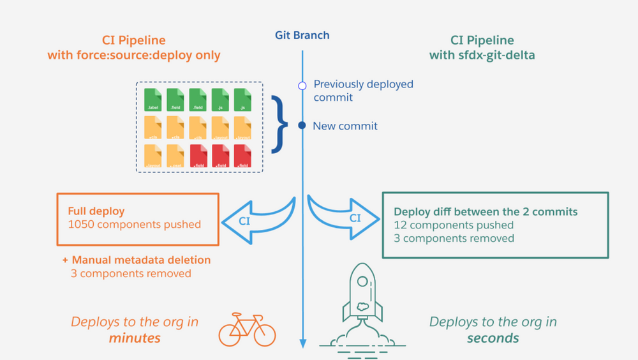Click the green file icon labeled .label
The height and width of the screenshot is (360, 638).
[x=153, y=100]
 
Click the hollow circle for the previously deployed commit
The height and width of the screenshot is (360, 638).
[x=302, y=85]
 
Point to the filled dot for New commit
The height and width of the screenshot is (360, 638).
[x=302, y=126]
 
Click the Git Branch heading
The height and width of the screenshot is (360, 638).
[x=302, y=36]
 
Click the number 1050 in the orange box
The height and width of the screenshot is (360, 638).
[x=82, y=224]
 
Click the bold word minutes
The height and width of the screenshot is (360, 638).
[x=135, y=338]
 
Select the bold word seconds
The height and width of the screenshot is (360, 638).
[x=493, y=338]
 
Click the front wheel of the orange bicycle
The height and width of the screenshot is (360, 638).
[x=263, y=334]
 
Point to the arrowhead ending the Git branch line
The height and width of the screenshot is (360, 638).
[x=302, y=345]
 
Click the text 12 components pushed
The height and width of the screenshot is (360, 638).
[x=454, y=225]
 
